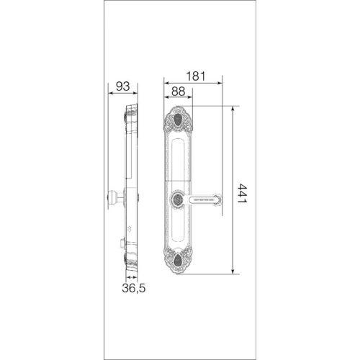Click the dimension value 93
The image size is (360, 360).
click(x=122, y=86)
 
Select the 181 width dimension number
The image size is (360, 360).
click(x=196, y=76)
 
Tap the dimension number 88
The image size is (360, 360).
click(x=179, y=91)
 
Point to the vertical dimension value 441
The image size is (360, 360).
click(x=242, y=193)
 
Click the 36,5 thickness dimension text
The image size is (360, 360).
click(x=134, y=288)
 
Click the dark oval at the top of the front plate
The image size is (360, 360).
click(x=178, y=120)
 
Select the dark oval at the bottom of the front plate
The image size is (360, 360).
click(x=178, y=261)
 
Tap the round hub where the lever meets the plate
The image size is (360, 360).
click(x=178, y=199)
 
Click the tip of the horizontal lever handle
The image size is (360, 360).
click(x=220, y=199)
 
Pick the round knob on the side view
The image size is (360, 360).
click(x=112, y=197)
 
